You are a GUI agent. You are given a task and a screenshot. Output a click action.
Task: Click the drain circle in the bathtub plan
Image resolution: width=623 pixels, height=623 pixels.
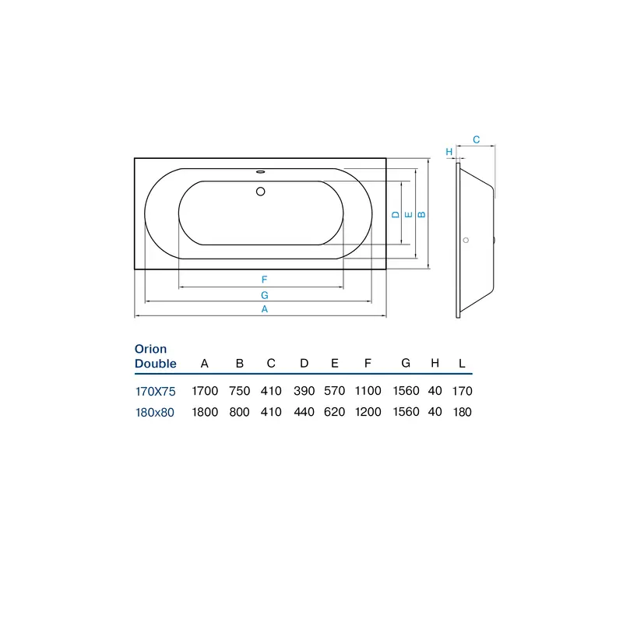(x=261, y=192)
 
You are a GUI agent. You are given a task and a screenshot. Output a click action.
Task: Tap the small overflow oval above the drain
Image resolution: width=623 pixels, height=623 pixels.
(x=261, y=171)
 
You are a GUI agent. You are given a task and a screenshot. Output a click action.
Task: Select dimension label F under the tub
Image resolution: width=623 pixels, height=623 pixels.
(x=264, y=280)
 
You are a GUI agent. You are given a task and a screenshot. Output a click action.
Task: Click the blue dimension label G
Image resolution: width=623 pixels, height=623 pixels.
(x=265, y=295)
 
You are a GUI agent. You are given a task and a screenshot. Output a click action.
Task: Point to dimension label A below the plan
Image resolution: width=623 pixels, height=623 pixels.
(x=265, y=309)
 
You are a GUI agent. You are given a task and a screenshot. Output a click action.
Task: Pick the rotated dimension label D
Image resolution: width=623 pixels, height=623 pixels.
(x=396, y=215)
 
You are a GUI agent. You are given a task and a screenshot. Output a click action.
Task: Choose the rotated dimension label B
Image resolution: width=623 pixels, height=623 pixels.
(x=422, y=215)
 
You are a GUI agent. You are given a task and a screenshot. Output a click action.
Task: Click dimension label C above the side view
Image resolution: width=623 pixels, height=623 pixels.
(x=477, y=140)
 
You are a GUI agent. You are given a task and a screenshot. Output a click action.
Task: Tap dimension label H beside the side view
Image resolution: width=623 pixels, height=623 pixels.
(x=449, y=152)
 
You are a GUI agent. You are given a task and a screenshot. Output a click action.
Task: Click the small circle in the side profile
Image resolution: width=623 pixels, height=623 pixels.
(x=466, y=241)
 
